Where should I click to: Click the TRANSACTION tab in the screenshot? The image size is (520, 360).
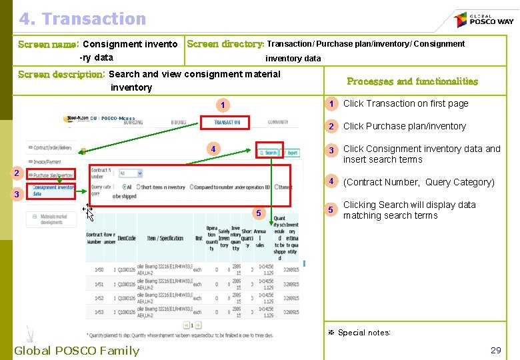click(x=227, y=123)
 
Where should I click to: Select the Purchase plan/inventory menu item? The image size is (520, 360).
click(x=53, y=175)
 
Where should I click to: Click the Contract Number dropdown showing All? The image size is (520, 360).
click(x=130, y=173)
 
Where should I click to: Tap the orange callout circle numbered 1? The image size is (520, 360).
click(x=225, y=105)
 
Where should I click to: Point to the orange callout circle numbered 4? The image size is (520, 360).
click(x=213, y=149)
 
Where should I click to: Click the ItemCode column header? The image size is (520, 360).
click(x=127, y=238)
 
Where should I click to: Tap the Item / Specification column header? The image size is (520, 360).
click(x=165, y=238)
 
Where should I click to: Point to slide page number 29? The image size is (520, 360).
click(x=495, y=350)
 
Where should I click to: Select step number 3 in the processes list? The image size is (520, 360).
click(x=330, y=150)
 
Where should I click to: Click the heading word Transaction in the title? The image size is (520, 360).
click(x=101, y=19)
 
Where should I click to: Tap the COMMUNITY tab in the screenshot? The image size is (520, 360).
click(x=278, y=123)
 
